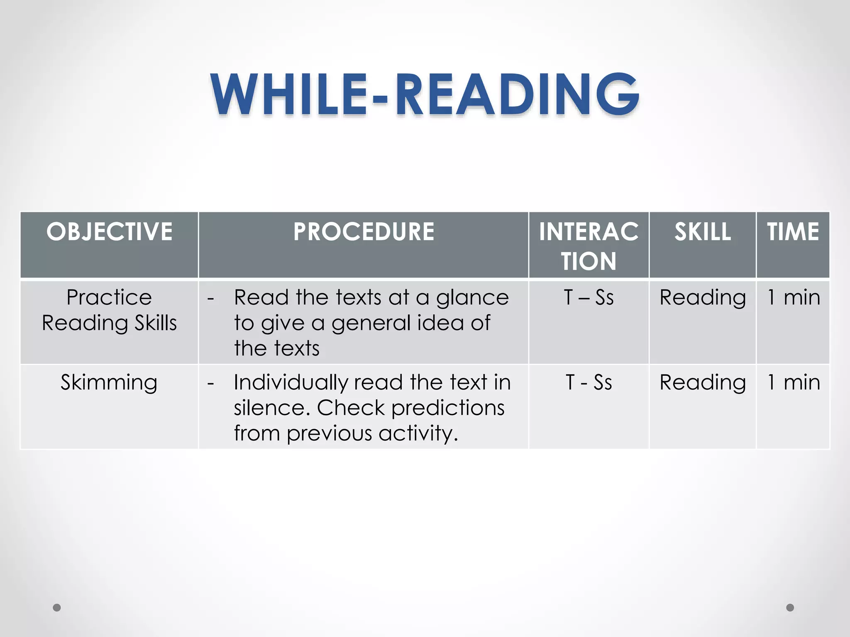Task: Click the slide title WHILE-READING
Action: (425, 95)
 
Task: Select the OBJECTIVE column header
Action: (109, 231)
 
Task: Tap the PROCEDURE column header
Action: (364, 231)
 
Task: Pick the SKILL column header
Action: (702, 231)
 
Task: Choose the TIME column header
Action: (793, 231)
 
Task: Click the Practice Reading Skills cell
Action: (109, 310)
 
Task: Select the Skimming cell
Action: (109, 382)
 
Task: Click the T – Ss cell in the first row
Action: (589, 298)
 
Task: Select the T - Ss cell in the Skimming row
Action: (589, 382)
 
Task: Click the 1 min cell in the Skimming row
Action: (793, 382)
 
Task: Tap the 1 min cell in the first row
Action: (793, 298)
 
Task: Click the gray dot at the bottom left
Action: (57, 608)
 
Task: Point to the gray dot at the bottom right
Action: (790, 608)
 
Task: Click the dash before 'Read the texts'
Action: (211, 299)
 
